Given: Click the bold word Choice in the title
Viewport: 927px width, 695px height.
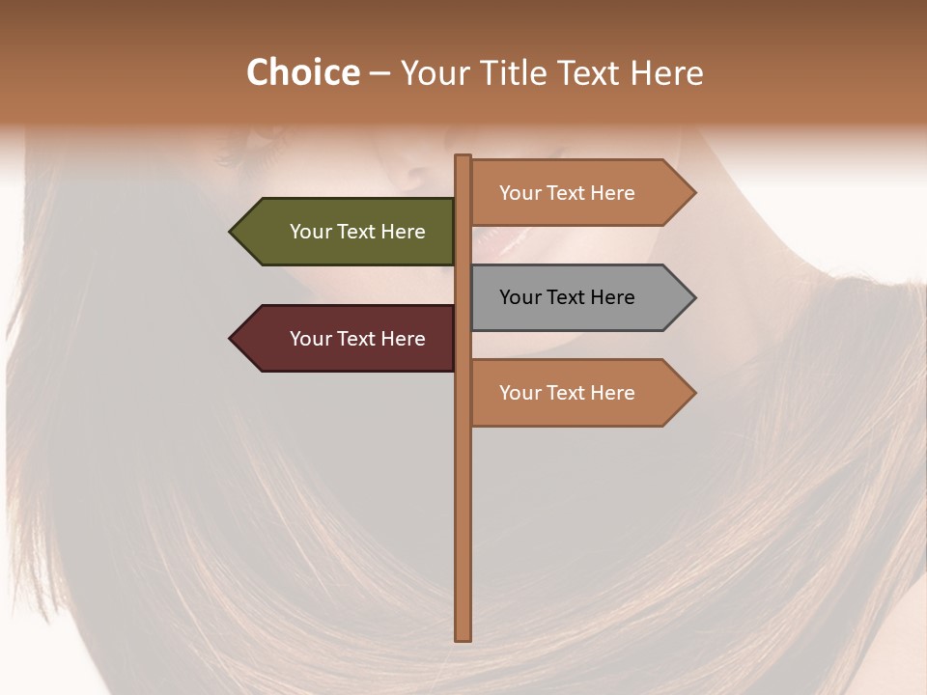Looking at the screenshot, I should click(x=302, y=72).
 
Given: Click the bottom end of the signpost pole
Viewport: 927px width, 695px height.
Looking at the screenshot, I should click(x=463, y=636).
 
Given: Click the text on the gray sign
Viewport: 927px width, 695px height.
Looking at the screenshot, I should click(x=567, y=297).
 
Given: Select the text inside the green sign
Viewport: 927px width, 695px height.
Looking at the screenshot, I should click(x=357, y=232).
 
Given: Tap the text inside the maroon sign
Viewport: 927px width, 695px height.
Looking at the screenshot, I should click(x=357, y=339).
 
